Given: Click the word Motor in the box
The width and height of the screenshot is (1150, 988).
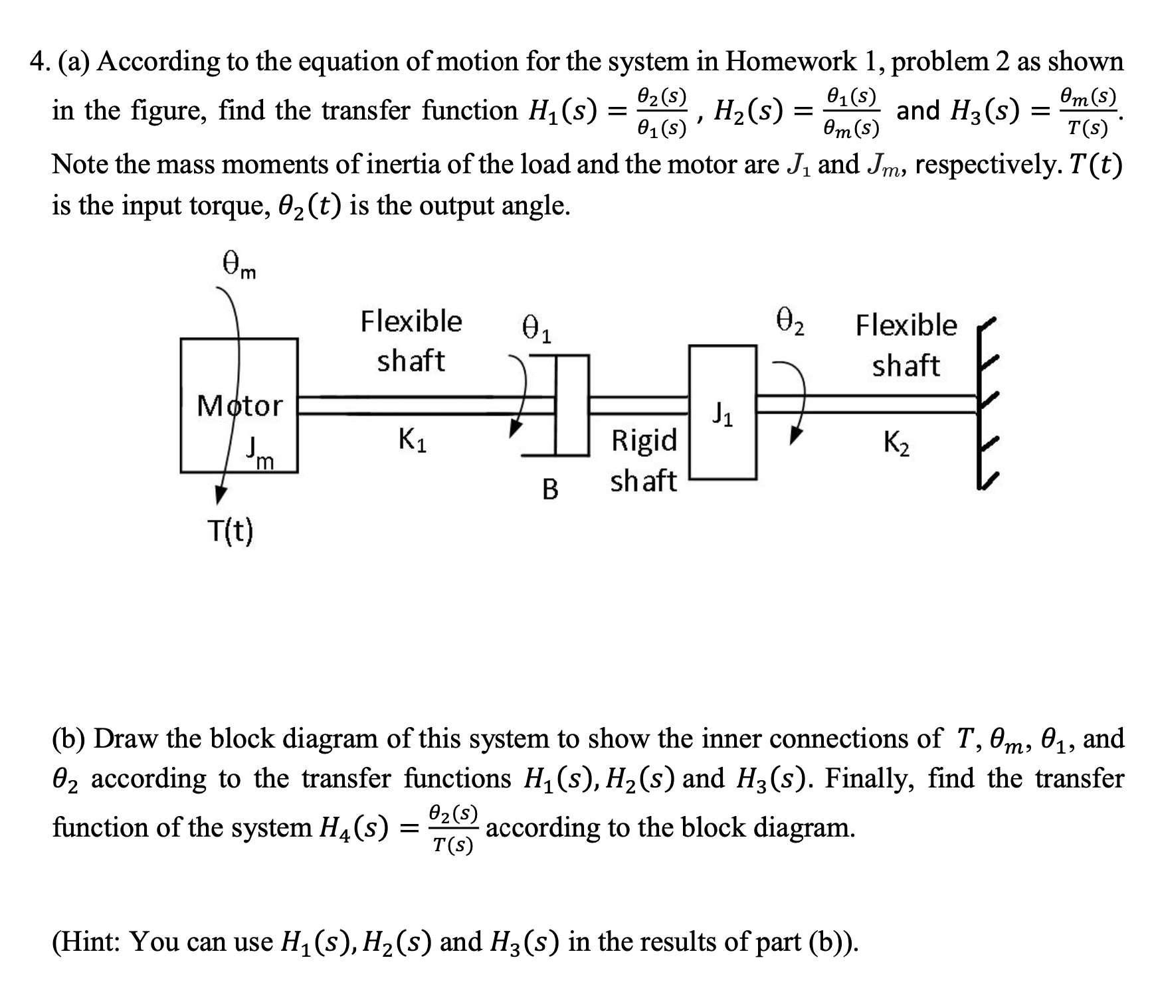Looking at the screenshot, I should click(240, 405).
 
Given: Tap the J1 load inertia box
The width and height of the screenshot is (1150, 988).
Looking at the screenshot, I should click(723, 412).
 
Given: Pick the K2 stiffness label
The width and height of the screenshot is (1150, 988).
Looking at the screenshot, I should click(898, 442).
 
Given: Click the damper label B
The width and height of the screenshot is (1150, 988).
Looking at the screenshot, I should click(550, 489).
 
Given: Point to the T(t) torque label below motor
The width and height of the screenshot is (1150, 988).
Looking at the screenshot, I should click(230, 531).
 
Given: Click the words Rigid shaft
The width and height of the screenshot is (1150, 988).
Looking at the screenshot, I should click(643, 460).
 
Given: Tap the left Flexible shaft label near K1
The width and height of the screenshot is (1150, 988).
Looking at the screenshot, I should click(411, 341).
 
